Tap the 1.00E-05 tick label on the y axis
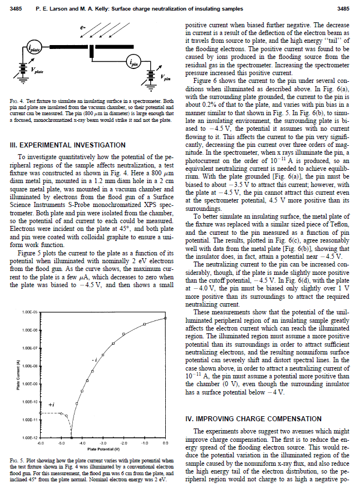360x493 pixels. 29,312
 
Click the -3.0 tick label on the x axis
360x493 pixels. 102,443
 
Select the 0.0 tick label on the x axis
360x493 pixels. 165,443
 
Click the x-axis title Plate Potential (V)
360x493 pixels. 102,448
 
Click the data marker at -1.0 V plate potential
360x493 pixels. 144,324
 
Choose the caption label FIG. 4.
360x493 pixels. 17,100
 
